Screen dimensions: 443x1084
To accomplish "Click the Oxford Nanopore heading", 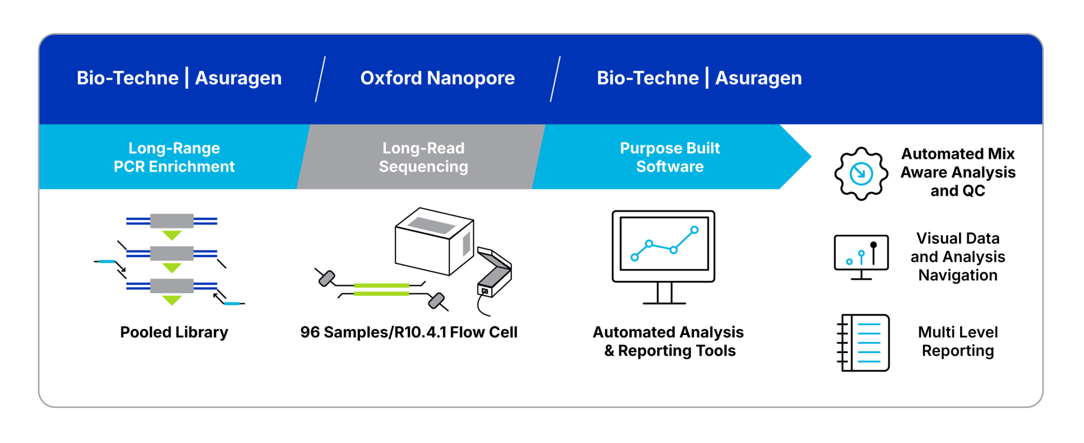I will click(437, 78).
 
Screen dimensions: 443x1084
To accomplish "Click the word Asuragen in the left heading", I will click(238, 78).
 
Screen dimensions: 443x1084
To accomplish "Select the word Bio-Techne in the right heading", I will click(647, 78).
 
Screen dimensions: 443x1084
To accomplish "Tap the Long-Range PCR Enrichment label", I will click(174, 157).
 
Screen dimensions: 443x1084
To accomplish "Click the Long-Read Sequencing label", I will click(423, 157).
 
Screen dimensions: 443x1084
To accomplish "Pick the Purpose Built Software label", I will click(670, 157).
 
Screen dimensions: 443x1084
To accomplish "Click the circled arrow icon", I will click(861, 174).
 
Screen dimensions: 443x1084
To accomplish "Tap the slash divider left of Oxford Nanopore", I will click(320, 79).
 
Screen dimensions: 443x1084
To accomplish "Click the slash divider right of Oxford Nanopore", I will click(555, 79).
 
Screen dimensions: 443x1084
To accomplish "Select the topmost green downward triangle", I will click(172, 235).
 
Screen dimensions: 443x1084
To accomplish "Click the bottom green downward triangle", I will click(172, 300).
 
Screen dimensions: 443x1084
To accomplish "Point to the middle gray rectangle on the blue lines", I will click(172, 253).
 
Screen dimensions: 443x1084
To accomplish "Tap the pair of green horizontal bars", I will click(381, 289).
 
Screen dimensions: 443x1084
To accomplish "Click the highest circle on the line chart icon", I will click(694, 229).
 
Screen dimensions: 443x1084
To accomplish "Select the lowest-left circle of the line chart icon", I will click(635, 258).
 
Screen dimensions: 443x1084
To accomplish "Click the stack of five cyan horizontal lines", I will click(869, 343).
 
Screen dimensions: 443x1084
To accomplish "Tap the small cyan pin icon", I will click(861, 256).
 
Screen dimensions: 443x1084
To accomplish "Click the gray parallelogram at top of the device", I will click(431, 225).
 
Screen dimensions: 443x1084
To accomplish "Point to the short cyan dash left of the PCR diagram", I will click(107, 261).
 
